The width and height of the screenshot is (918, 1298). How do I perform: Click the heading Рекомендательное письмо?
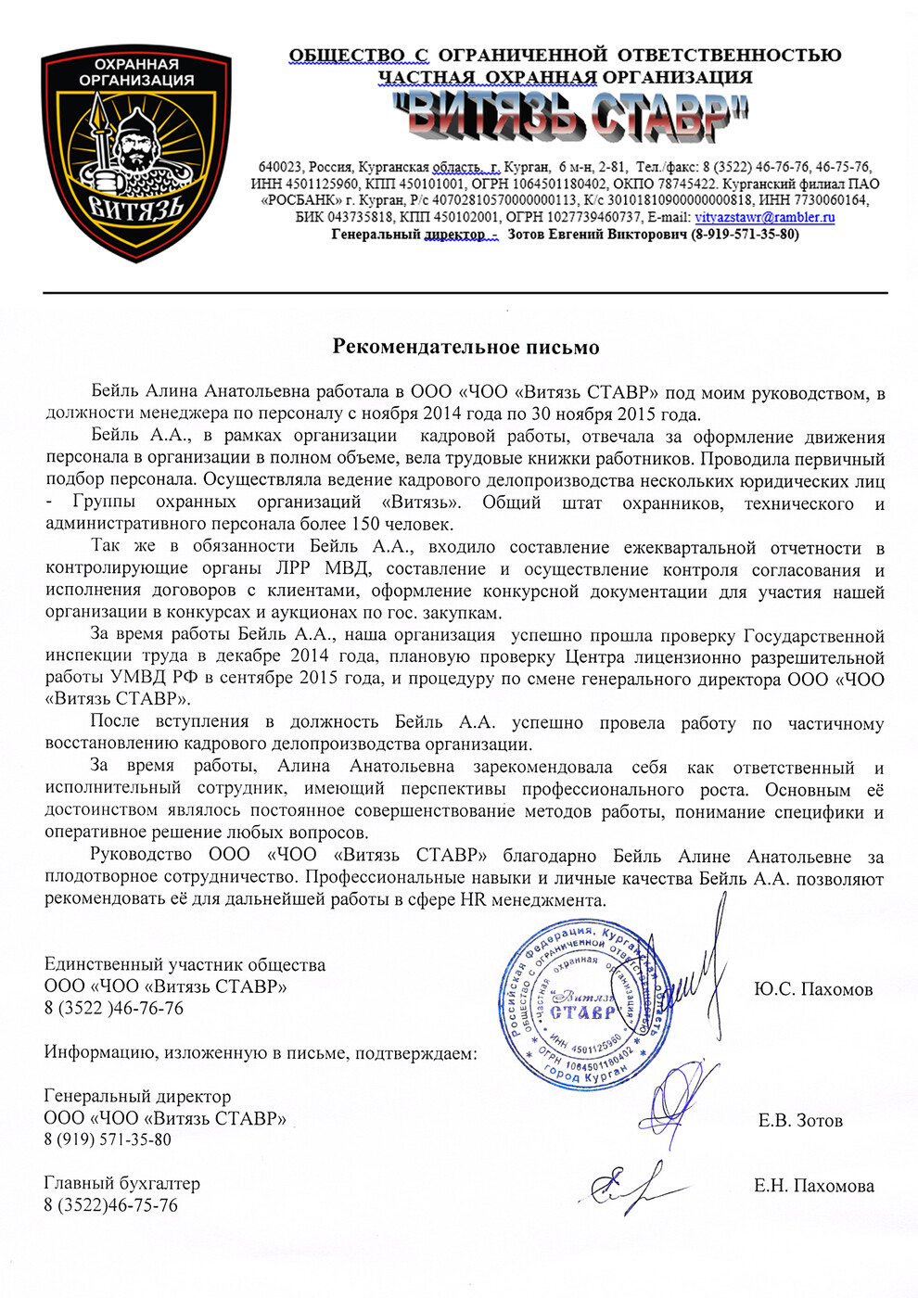[465, 348]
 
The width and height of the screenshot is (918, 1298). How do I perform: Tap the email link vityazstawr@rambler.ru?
[764, 218]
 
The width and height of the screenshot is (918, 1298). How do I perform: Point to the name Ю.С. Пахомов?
[813, 990]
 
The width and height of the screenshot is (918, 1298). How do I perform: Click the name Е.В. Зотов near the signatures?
[800, 1121]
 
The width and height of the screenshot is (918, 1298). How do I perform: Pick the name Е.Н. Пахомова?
[813, 1186]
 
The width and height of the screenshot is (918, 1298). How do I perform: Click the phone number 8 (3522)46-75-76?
[110, 1205]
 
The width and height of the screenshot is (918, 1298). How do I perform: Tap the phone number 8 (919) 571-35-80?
[108, 1139]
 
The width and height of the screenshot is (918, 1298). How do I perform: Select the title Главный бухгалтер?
[121, 1183]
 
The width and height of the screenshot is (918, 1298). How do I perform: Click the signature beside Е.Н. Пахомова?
[631, 1187]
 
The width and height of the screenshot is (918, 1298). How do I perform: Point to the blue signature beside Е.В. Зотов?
[682, 1103]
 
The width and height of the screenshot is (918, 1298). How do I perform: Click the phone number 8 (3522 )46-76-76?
[113, 1008]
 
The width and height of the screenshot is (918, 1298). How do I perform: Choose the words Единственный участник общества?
[185, 965]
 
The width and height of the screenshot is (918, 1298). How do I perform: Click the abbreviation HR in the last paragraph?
[473, 900]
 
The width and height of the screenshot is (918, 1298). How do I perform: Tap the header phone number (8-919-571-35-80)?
[745, 235]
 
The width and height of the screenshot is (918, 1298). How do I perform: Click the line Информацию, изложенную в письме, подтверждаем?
[261, 1053]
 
